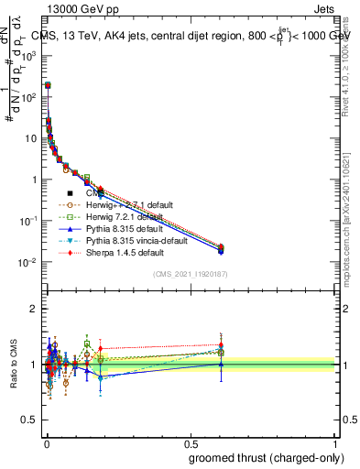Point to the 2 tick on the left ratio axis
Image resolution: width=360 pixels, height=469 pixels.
click(35, 309)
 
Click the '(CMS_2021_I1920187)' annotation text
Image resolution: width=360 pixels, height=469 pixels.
click(190, 273)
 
